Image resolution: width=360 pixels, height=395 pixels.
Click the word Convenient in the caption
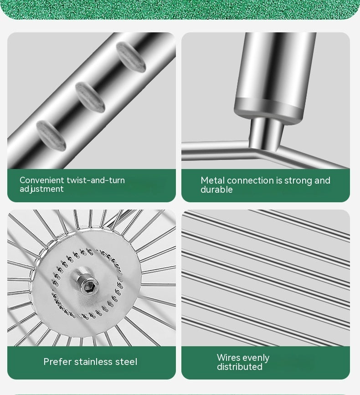[42, 180]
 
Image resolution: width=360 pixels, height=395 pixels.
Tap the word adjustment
[41, 189]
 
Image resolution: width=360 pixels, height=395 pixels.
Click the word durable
[216, 190]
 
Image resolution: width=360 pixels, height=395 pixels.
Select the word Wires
[226, 358]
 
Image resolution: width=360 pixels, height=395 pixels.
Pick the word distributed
[240, 367]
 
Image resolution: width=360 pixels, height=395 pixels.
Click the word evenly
[254, 358]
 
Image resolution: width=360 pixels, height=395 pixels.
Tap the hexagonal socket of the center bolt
[88, 287]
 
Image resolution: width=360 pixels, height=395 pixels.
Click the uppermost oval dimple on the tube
[131, 57]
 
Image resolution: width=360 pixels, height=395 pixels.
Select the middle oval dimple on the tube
[90, 97]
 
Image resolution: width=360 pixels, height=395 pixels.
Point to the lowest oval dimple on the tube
[51, 135]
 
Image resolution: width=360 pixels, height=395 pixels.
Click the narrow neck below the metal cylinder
[266, 133]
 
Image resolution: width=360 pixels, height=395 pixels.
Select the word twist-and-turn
[96, 180]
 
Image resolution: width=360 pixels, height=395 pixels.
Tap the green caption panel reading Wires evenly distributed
[266, 363]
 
